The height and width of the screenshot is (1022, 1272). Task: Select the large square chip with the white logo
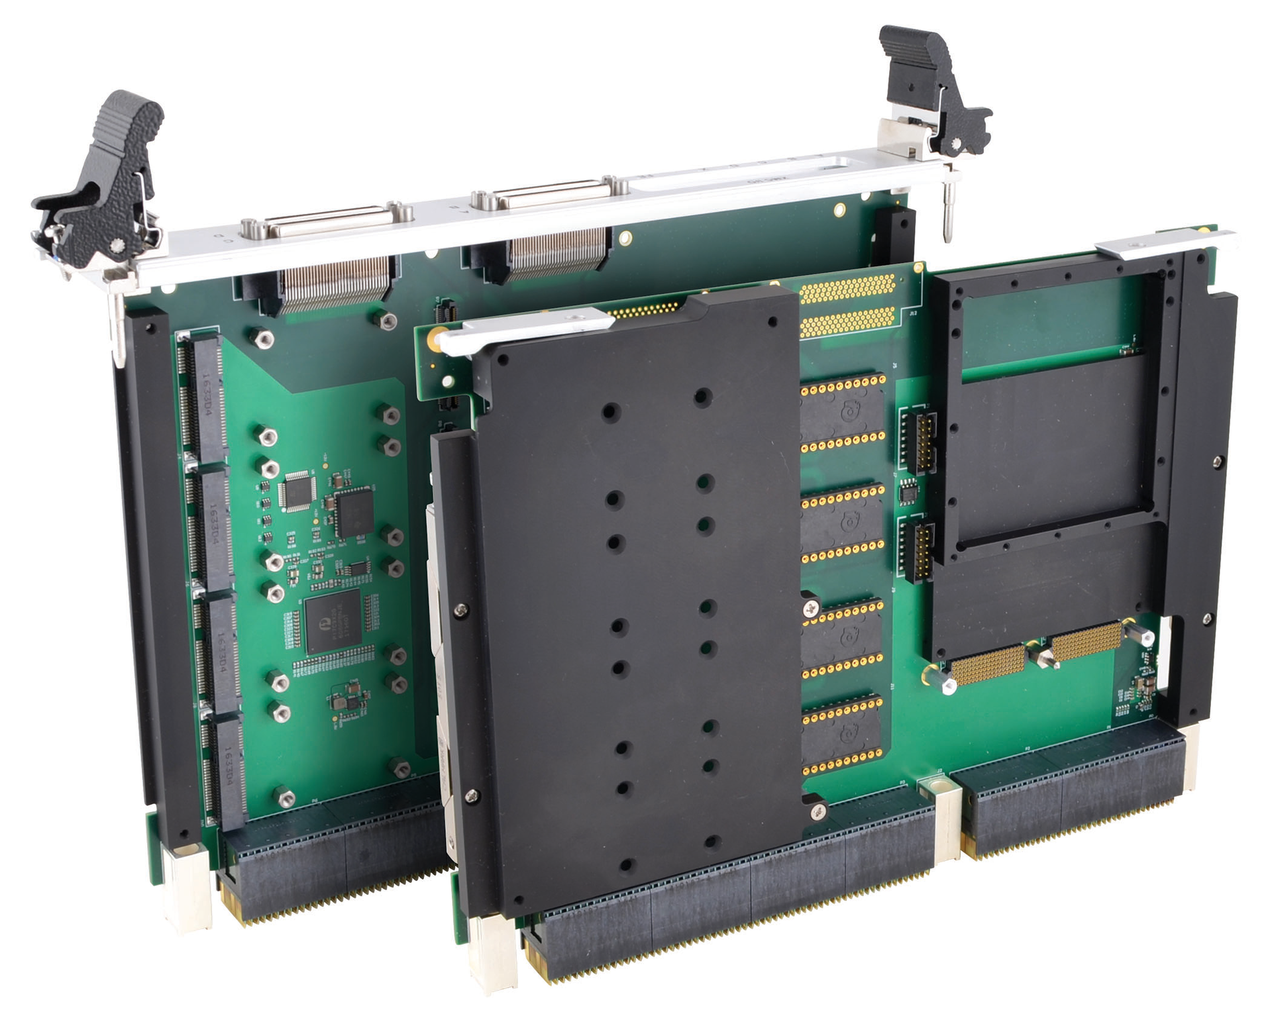point(333,619)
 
